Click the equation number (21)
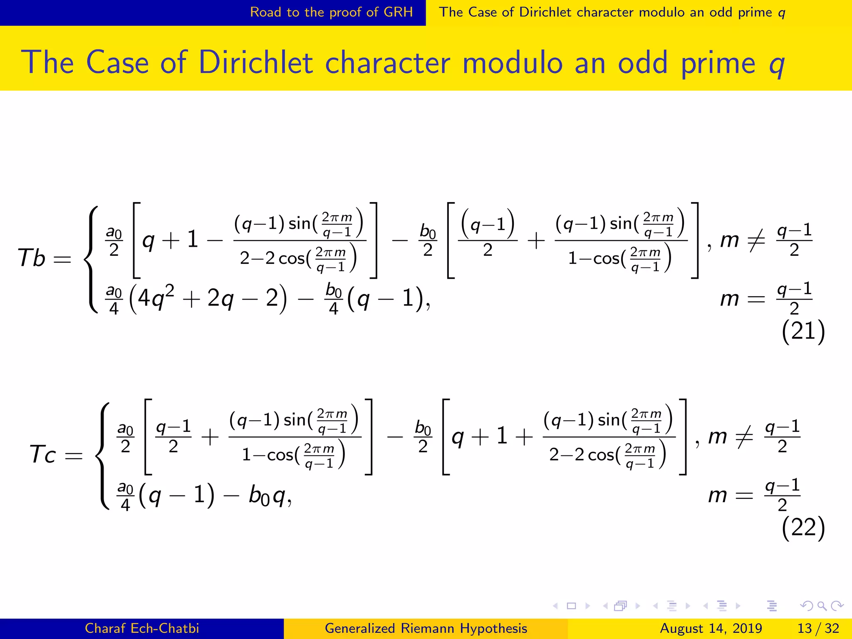[803, 332]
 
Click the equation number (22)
[803, 528]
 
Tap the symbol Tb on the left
[32, 258]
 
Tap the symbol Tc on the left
[43, 454]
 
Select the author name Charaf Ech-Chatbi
[142, 628]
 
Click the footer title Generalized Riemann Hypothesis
[426, 628]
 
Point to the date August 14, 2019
[711, 628]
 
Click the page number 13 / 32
[818, 628]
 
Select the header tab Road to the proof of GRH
[331, 12]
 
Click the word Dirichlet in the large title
[255, 63]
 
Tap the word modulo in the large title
[512, 63]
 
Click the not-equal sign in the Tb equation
[756, 240]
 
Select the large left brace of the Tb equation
[92, 259]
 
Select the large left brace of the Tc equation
[103, 455]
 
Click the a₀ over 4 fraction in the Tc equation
[125, 496]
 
